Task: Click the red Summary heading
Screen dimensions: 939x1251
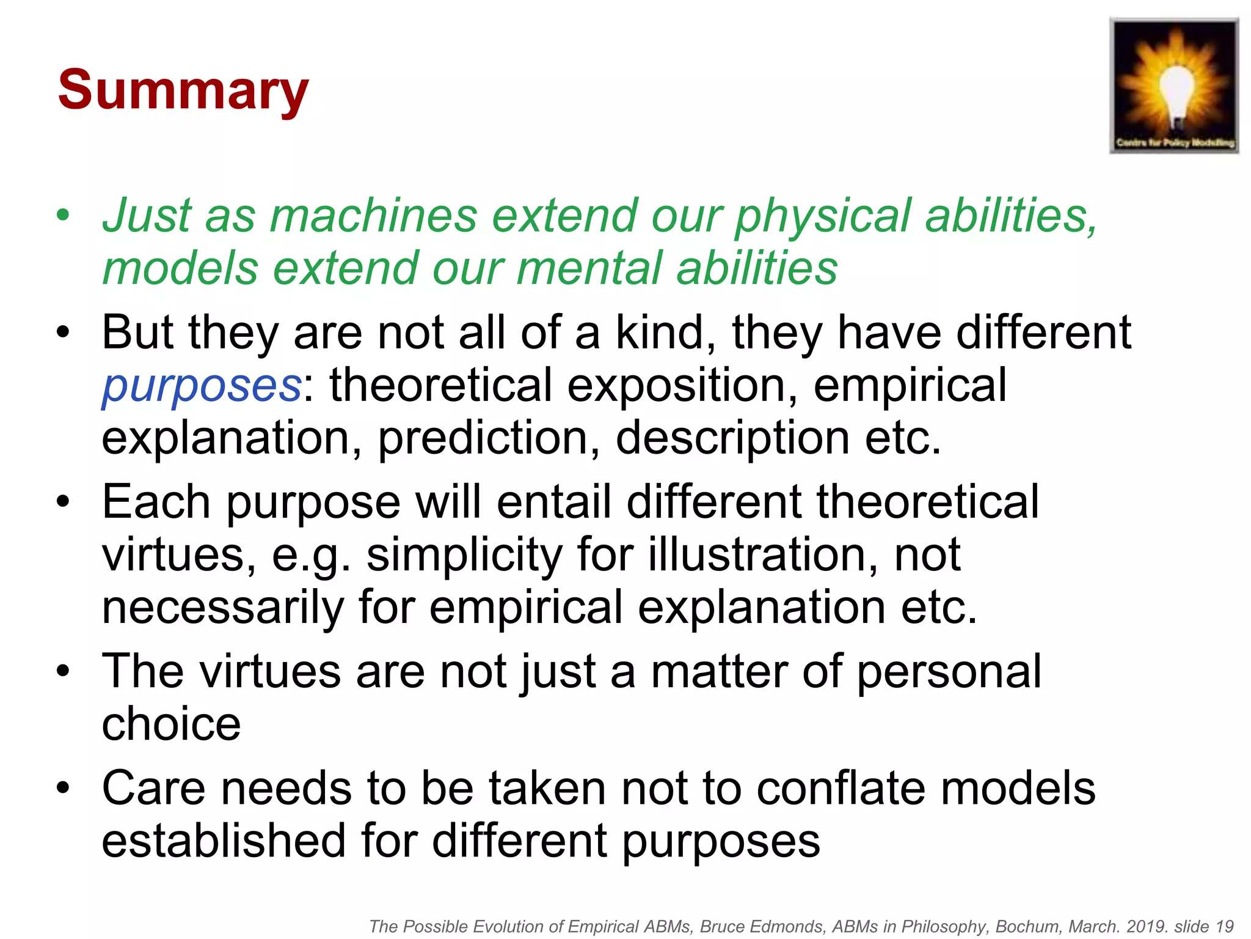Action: click(183, 90)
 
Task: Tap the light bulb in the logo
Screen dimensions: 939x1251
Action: click(1173, 86)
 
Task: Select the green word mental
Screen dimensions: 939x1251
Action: click(589, 269)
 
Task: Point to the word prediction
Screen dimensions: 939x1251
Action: click(483, 438)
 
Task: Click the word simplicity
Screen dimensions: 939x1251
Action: click(464, 554)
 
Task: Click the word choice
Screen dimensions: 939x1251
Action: click(171, 724)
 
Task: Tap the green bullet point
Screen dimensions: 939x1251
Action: click(63, 215)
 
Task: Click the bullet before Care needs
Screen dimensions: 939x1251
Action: click(63, 788)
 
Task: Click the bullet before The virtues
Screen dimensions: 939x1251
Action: click(63, 671)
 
